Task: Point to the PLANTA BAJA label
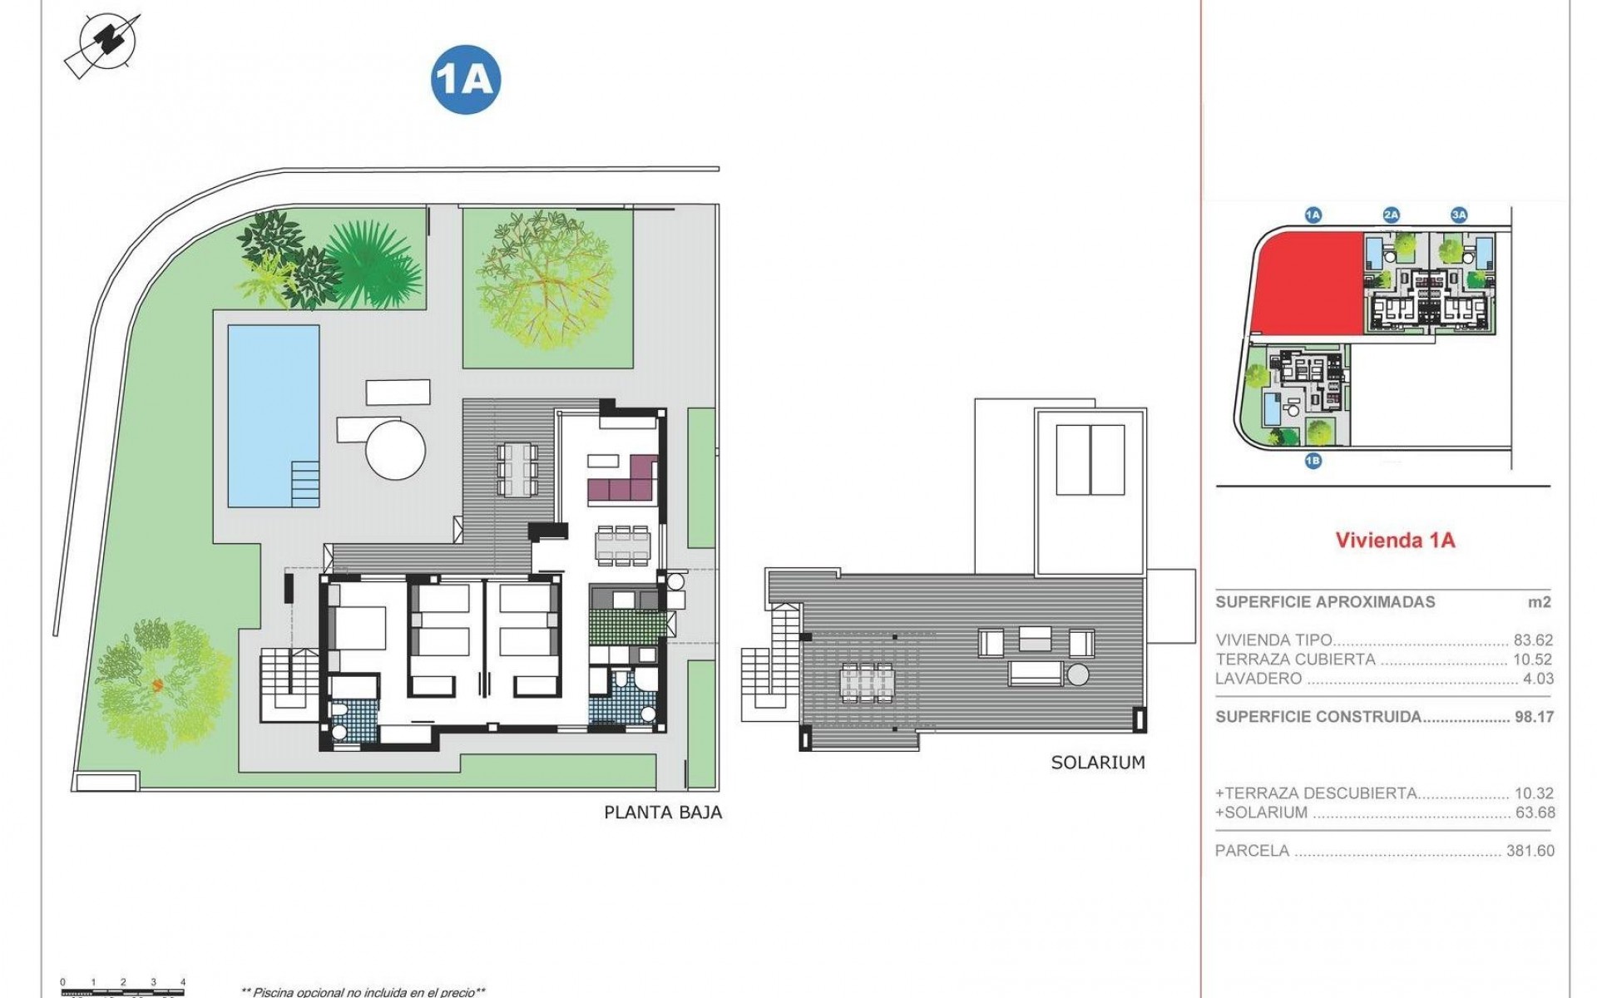[663, 813]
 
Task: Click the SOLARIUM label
[1098, 763]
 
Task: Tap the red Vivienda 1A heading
[1395, 540]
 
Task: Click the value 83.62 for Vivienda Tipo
[1534, 640]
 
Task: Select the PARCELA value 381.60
[1530, 851]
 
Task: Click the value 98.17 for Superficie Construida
[1534, 717]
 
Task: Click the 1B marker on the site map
[1313, 461]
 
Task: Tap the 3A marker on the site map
[1459, 215]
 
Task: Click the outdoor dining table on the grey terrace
[517, 470]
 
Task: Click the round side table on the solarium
[1079, 674]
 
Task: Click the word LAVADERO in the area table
[1247, 679]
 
